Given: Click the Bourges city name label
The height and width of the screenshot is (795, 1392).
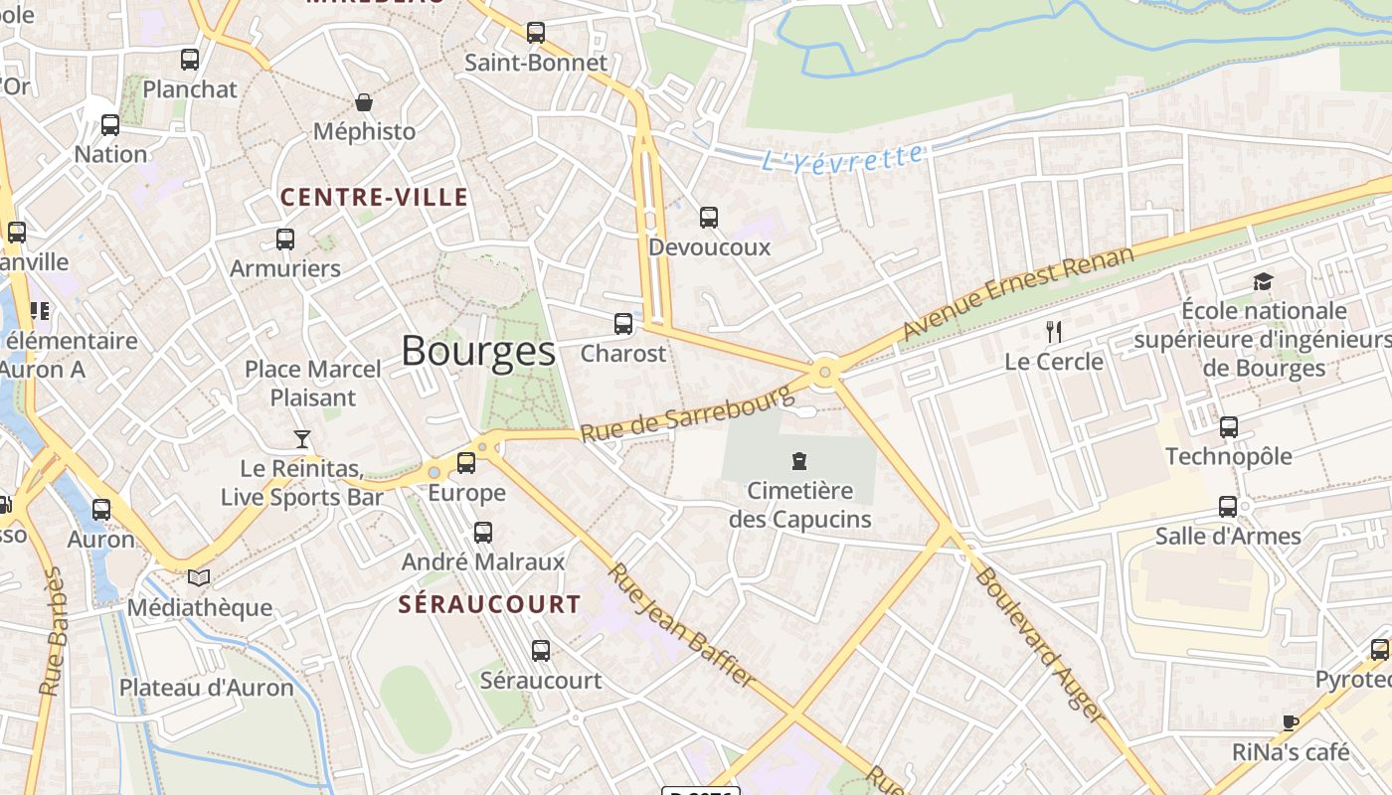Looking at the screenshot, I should point(478,351).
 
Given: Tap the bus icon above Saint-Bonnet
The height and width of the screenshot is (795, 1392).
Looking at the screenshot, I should point(536,33).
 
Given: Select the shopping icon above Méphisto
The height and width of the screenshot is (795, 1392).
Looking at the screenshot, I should point(364,102).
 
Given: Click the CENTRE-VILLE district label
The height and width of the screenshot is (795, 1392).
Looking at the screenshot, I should point(374,197).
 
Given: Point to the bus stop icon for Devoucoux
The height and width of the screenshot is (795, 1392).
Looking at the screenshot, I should point(709,217).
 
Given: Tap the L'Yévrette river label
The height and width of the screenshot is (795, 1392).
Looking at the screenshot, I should point(842,158).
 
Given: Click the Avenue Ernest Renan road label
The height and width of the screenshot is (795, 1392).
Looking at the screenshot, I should point(1018,294).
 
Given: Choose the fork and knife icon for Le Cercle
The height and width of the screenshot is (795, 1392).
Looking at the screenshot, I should point(1054,332).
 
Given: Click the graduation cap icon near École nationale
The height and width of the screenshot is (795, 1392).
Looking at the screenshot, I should point(1263,281).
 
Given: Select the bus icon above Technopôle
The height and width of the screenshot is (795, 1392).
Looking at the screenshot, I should point(1229,427).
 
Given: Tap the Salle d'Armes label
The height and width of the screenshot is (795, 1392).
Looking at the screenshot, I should point(1228,537).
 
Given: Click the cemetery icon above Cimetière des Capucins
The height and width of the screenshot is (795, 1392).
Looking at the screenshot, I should point(799,460).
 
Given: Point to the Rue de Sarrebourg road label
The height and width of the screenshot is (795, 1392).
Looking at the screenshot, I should point(688,413).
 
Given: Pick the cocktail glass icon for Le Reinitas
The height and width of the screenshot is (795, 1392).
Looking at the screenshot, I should point(302,438).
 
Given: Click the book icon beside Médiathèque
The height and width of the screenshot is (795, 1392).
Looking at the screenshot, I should point(199,577).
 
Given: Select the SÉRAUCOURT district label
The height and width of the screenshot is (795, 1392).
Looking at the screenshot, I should point(489,604).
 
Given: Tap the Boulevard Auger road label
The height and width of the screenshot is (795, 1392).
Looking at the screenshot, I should point(1040,644).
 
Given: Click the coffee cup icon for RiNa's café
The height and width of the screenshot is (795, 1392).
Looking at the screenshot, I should point(1291,722).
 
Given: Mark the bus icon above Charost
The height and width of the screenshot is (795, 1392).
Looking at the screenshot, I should point(623,323).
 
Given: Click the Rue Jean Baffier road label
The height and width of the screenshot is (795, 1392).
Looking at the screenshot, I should point(682,625).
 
